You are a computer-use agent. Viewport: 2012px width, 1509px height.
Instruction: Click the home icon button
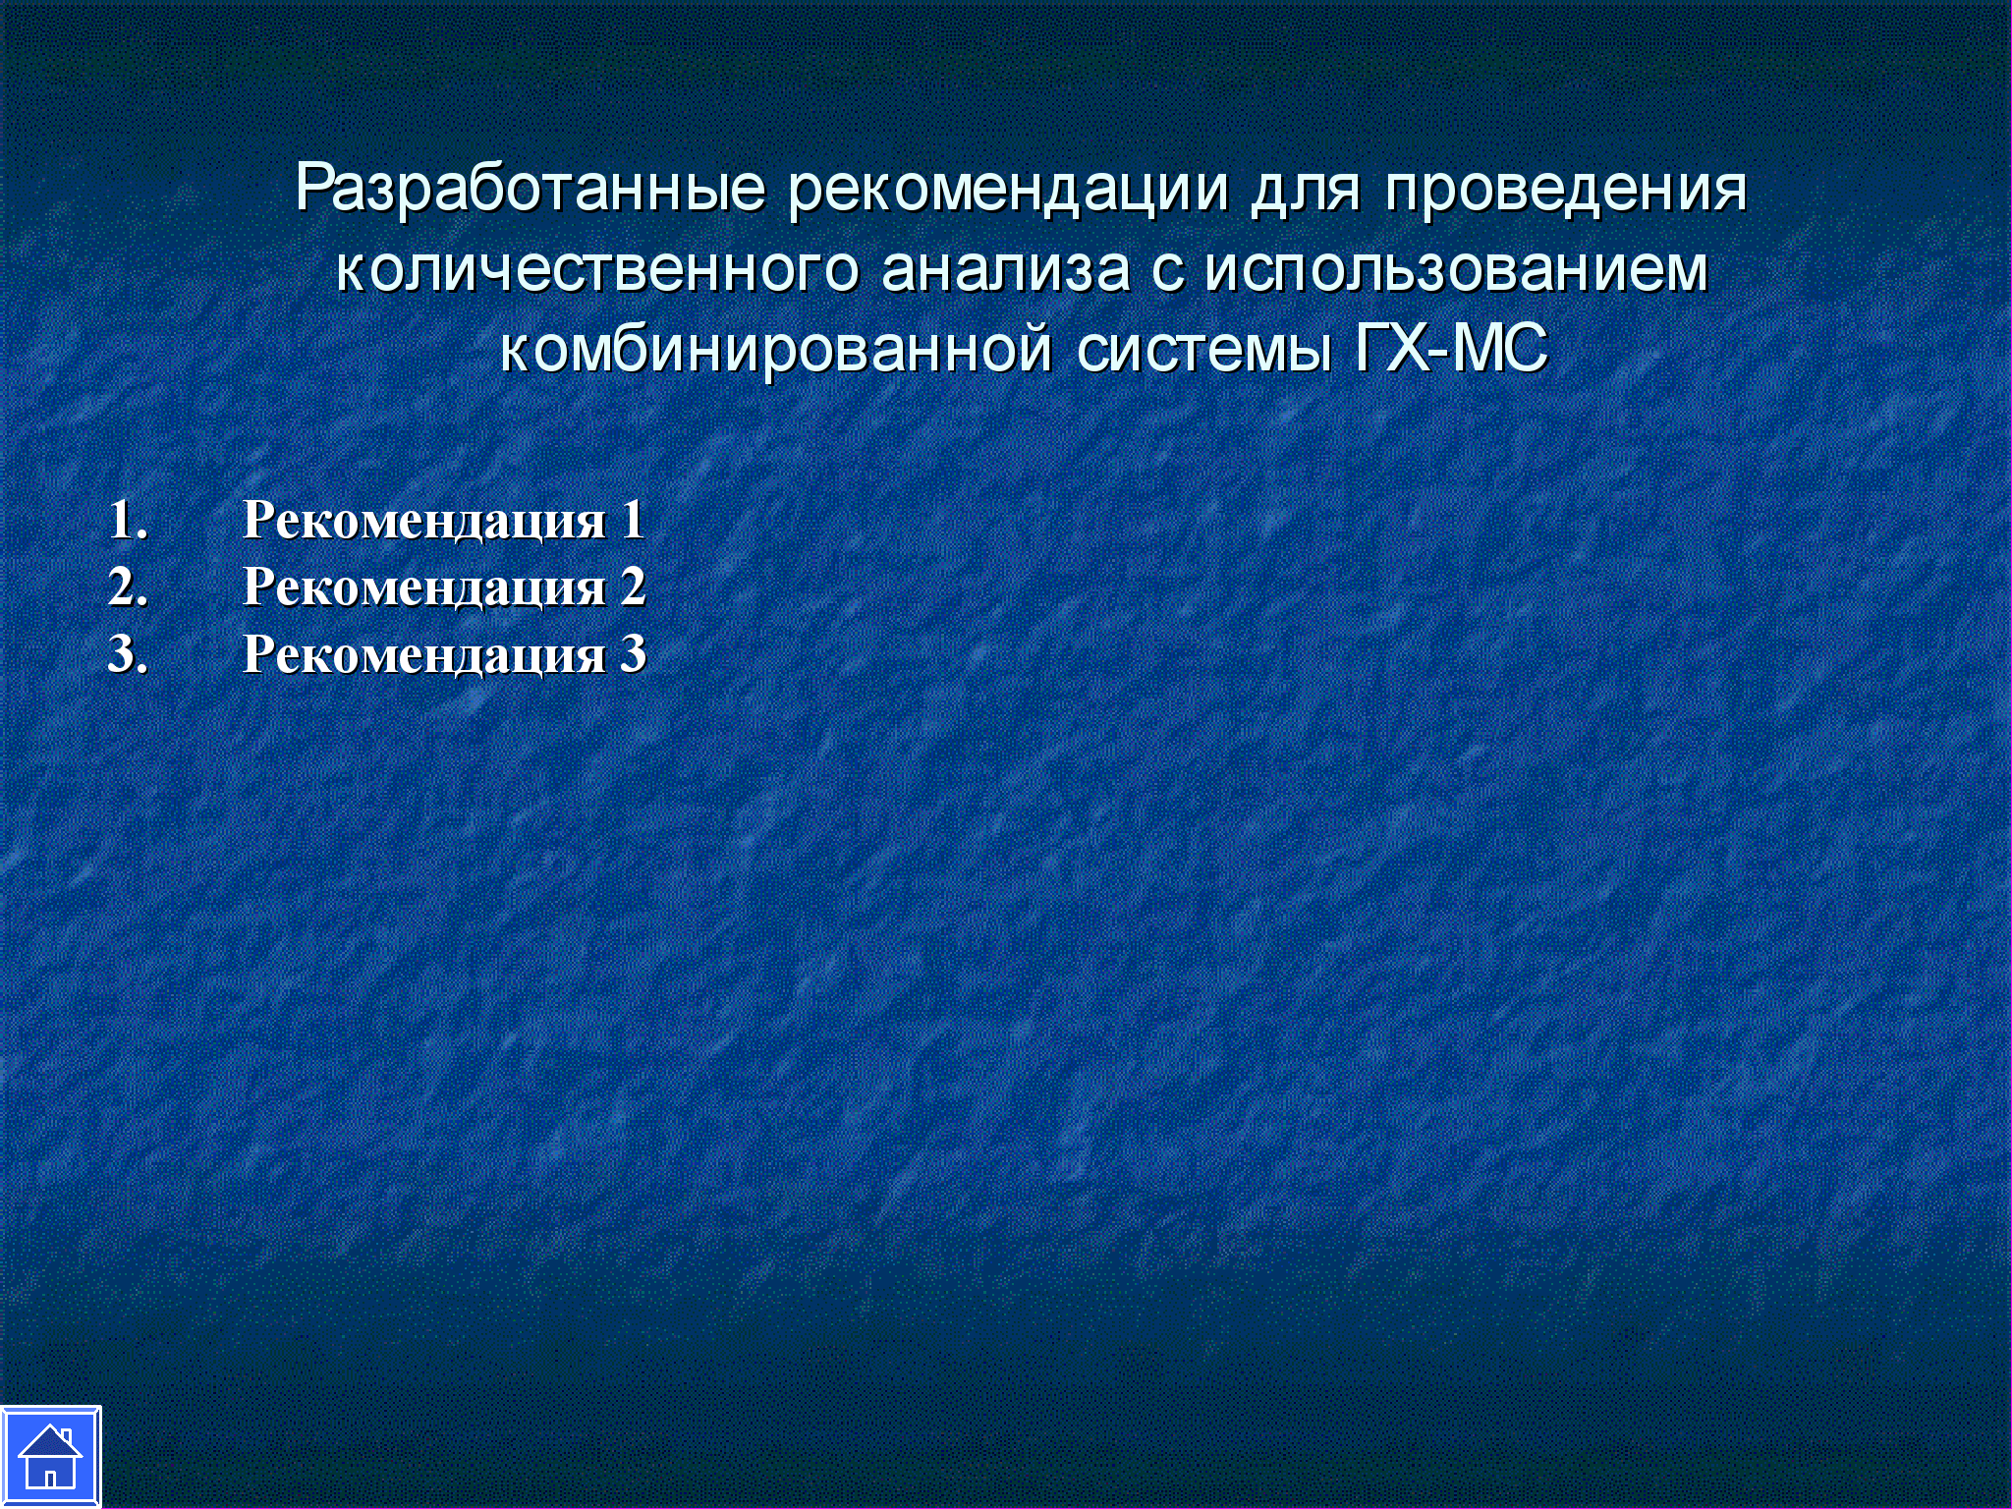pyautogui.click(x=50, y=1457)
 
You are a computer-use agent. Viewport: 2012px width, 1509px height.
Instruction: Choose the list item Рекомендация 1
pyautogui.click(x=444, y=520)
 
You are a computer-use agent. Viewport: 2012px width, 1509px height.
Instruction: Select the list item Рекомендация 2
pyautogui.click(x=444, y=587)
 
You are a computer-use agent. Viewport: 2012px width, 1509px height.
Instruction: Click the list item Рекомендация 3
pyautogui.click(x=444, y=654)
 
